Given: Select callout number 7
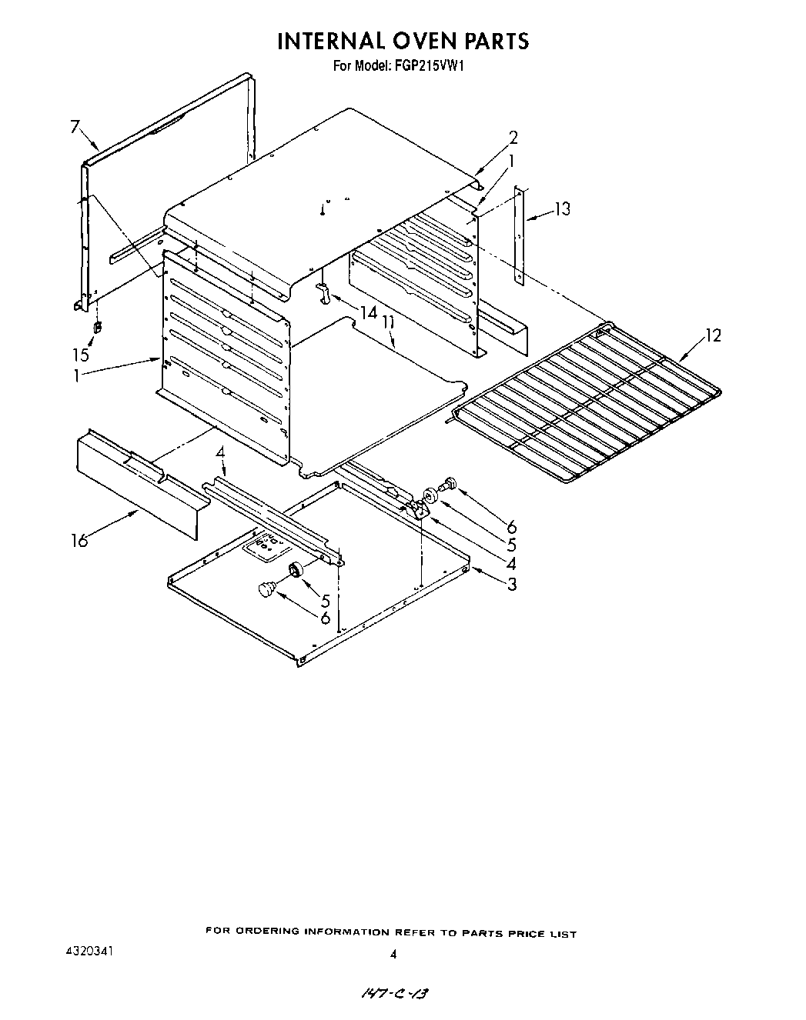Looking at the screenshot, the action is tap(75, 127).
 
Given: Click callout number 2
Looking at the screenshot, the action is tap(513, 138).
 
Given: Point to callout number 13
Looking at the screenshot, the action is tap(563, 208).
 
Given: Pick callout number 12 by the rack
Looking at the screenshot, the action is tap(713, 335).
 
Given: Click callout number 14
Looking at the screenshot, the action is tap(368, 312).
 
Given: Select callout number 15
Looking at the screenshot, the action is tap(81, 355).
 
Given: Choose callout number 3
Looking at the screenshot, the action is tap(511, 585).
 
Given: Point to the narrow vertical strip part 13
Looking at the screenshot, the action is tap(521, 235).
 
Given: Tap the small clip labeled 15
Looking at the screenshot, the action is tap(97, 328).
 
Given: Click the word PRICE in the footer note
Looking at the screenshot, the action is tap(525, 935).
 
